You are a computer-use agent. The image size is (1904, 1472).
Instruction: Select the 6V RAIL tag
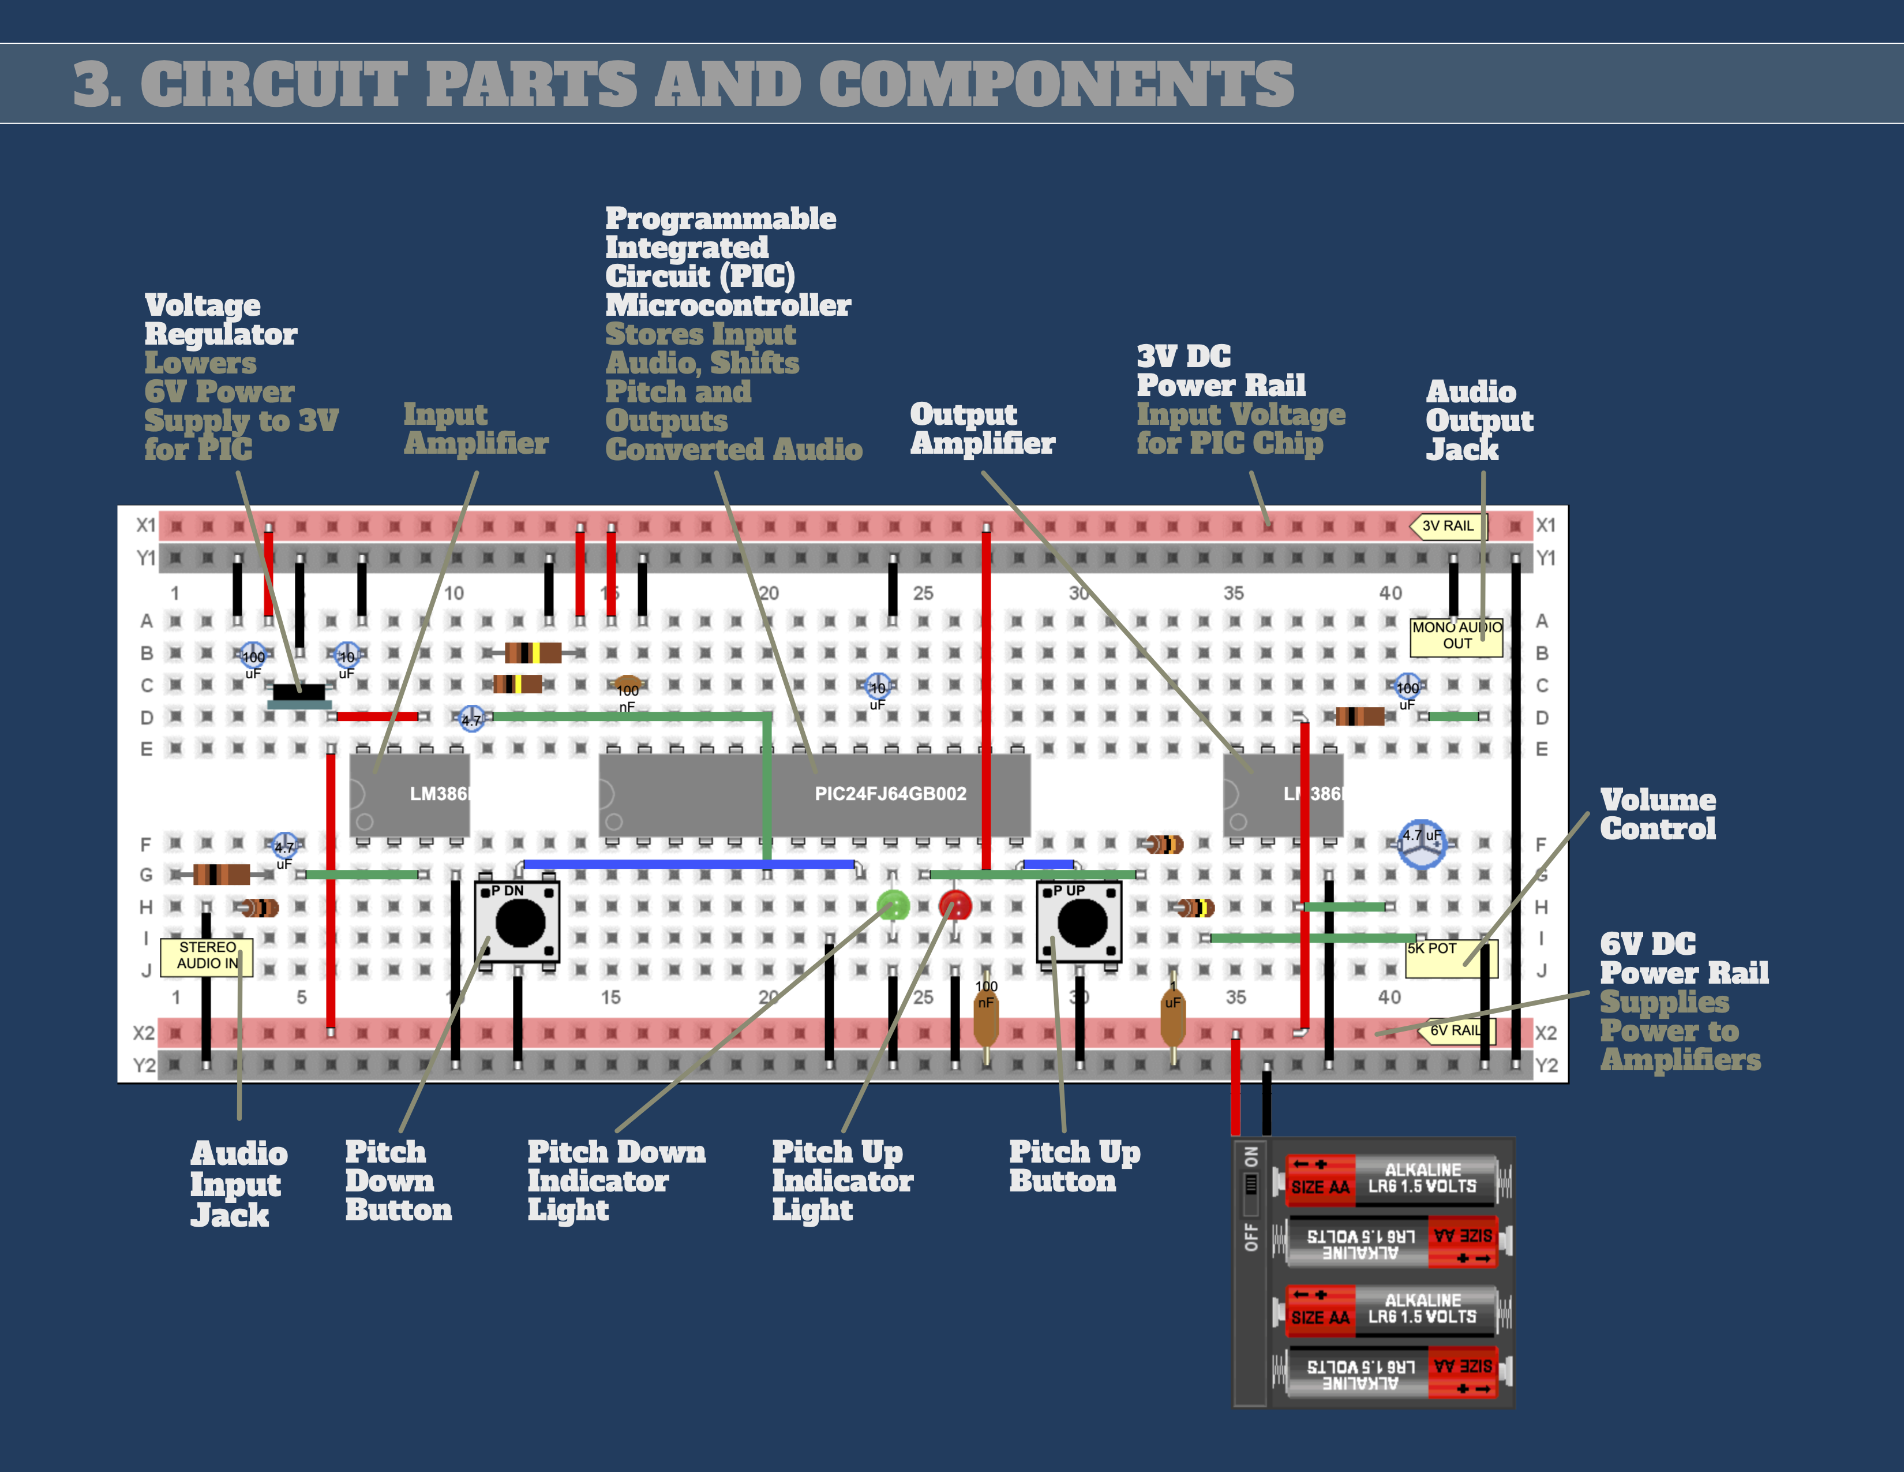coord(1456,1030)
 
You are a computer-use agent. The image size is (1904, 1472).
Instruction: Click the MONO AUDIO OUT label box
coord(1457,636)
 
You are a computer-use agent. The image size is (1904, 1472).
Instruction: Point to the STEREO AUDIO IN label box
coord(208,956)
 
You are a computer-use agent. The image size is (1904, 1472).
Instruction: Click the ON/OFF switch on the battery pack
coord(1251,1186)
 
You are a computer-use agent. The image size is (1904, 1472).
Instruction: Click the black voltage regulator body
coord(299,692)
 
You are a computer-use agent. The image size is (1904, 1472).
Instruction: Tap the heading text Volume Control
coord(1657,815)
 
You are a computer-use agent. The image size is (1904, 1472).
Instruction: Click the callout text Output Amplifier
coord(983,428)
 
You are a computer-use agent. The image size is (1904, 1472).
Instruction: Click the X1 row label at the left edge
coord(145,525)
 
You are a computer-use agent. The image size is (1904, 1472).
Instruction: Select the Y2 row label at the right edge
coord(1546,1065)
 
